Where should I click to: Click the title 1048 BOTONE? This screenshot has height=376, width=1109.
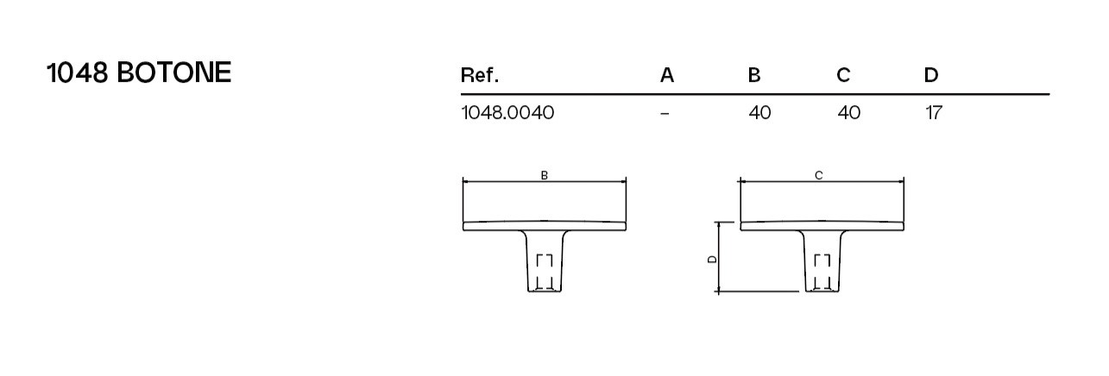click(x=139, y=73)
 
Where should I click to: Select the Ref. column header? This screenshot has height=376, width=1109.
click(x=480, y=75)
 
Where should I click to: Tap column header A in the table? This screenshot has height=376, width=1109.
click(x=666, y=75)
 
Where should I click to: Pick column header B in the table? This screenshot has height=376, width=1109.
click(x=754, y=75)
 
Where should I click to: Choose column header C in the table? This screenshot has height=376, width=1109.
click(x=843, y=75)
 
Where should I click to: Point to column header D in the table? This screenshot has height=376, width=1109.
click(x=930, y=75)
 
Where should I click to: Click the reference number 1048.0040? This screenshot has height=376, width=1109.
click(x=507, y=113)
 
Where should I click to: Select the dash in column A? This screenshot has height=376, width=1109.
click(x=665, y=113)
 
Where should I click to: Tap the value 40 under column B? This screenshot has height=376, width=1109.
click(x=759, y=113)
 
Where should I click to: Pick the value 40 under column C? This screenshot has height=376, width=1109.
click(x=848, y=113)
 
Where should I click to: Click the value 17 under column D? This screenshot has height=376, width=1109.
click(x=933, y=113)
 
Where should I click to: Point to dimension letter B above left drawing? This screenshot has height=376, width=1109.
click(x=545, y=175)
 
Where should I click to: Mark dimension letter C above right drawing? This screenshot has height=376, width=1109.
click(x=819, y=175)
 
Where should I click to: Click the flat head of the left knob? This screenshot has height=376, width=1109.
click(x=545, y=225)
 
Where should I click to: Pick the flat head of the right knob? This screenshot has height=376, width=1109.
click(x=822, y=225)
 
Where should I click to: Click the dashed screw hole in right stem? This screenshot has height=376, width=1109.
click(x=823, y=272)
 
